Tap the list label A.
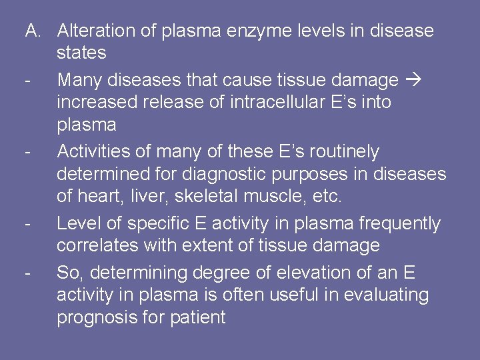pos(34,31)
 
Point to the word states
pos(81,52)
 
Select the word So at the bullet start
pos(67,273)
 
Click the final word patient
pos(198,317)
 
